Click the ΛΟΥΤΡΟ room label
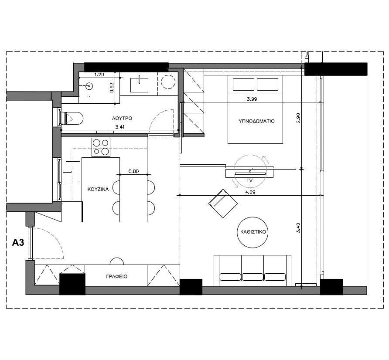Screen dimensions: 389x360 coord(122,118)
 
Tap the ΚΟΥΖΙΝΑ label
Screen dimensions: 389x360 coord(98,189)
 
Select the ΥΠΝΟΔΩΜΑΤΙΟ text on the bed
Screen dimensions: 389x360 coord(256,121)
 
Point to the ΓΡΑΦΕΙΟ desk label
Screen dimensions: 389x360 coord(116,276)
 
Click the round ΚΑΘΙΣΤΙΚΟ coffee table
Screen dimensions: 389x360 coord(253,232)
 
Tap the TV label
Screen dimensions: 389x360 coord(249,180)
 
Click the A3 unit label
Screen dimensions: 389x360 coord(18,242)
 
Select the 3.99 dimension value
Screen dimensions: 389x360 coord(252,99)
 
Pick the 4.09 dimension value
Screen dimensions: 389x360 coord(250,192)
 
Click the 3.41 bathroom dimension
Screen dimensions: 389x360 coord(120,127)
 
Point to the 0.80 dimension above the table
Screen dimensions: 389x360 coord(133,171)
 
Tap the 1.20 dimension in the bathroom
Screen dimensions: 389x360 coord(99,75)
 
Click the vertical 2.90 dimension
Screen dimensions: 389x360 coord(298,118)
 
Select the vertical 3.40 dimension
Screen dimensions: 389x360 coord(298,228)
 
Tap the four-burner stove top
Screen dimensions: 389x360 coord(101,147)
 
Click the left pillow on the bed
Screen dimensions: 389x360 coord(243,85)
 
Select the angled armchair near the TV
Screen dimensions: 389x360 coord(223,203)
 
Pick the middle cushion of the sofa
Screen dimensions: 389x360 coord(253,277)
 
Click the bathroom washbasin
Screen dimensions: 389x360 coord(139,85)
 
